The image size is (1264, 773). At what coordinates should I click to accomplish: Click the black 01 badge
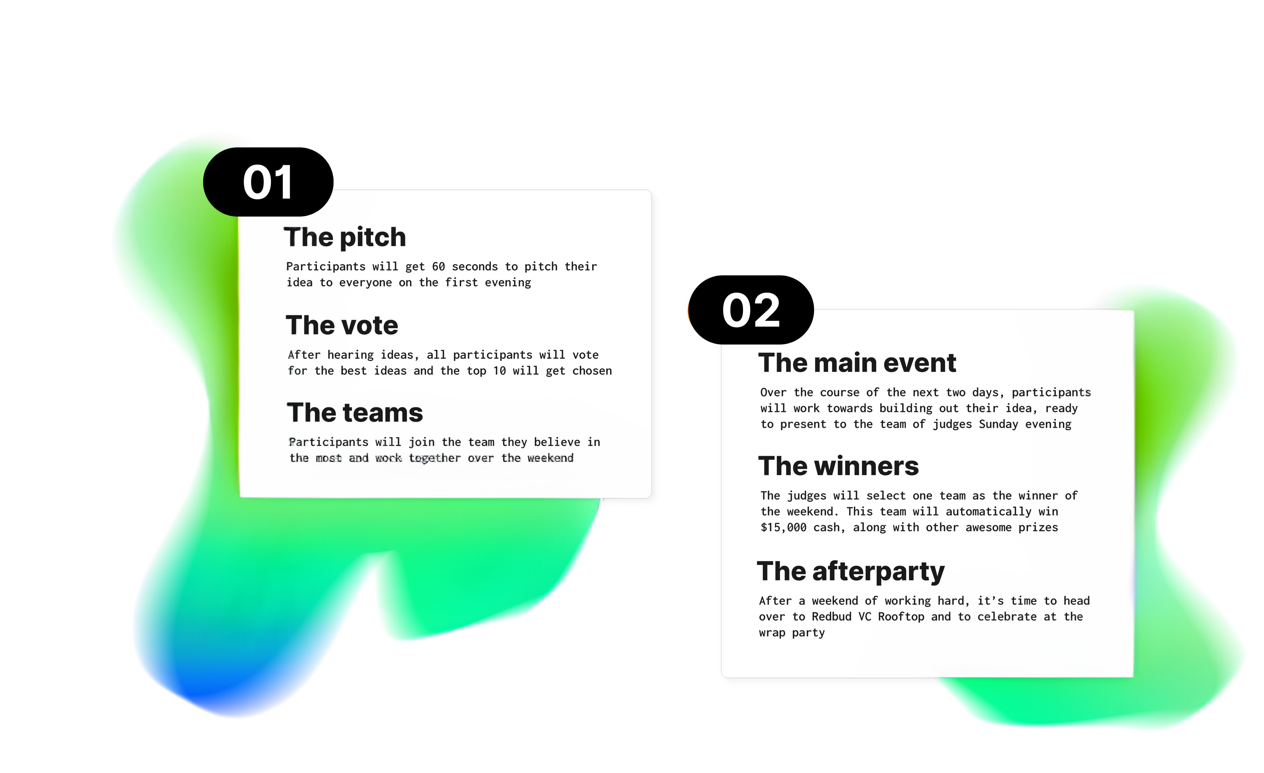point(268,182)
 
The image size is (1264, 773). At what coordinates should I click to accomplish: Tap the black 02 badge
point(751,310)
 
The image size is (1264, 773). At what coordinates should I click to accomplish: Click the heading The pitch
point(345,237)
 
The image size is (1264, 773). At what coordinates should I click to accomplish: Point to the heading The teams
point(355,412)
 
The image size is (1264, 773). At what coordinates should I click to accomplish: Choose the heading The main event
point(857,363)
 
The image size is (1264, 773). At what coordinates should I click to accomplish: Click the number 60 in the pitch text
point(438,266)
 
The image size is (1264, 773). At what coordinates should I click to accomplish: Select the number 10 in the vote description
point(500,371)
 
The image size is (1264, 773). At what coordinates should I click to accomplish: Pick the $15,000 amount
point(783,528)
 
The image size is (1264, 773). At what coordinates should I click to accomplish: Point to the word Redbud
point(831,617)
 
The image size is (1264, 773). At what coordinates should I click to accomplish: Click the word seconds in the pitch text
point(475,266)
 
